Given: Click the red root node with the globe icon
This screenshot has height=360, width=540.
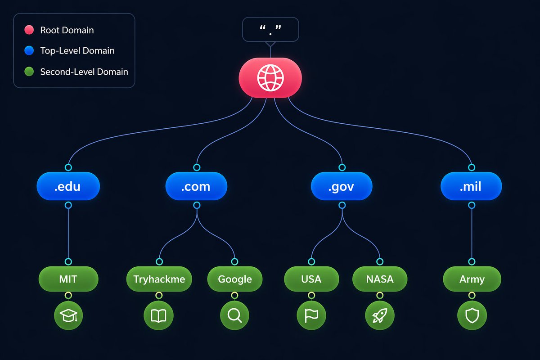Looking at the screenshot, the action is coord(270,78).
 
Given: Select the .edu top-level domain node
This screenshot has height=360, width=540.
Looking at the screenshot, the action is coord(68,186).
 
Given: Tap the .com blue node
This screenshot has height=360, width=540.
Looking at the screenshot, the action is coord(196,186).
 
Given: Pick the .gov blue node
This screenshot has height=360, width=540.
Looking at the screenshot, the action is coord(342,186).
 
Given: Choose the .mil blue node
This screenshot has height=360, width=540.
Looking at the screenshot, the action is coord(471,186).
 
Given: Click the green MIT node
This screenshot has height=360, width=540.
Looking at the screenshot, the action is coord(68,279).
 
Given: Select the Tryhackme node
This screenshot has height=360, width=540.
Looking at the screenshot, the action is coord(159,279).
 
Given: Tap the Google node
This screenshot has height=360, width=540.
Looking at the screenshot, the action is coord(235,279).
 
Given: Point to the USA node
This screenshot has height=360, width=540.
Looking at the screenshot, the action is coord(311,279).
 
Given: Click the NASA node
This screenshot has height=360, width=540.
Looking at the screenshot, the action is coord(380,279).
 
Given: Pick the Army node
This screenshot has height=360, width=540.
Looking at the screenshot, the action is coord(472,279).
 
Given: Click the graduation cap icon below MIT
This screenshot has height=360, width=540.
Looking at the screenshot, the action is coord(68,315).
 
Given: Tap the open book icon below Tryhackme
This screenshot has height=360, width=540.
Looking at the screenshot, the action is coord(158,315).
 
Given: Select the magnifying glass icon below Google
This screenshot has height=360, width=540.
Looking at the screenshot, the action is coord(234,315).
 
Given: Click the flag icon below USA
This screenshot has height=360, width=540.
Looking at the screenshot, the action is coord(311,315).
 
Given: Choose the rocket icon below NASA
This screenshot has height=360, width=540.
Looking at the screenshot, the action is coord(380,315).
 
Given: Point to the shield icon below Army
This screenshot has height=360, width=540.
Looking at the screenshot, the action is coord(472,315).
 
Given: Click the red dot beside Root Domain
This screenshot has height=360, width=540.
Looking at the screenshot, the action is coord(29,30).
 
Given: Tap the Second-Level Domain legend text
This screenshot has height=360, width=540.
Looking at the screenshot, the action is coord(84,72).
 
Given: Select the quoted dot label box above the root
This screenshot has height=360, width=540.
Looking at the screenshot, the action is coord(270,29).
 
